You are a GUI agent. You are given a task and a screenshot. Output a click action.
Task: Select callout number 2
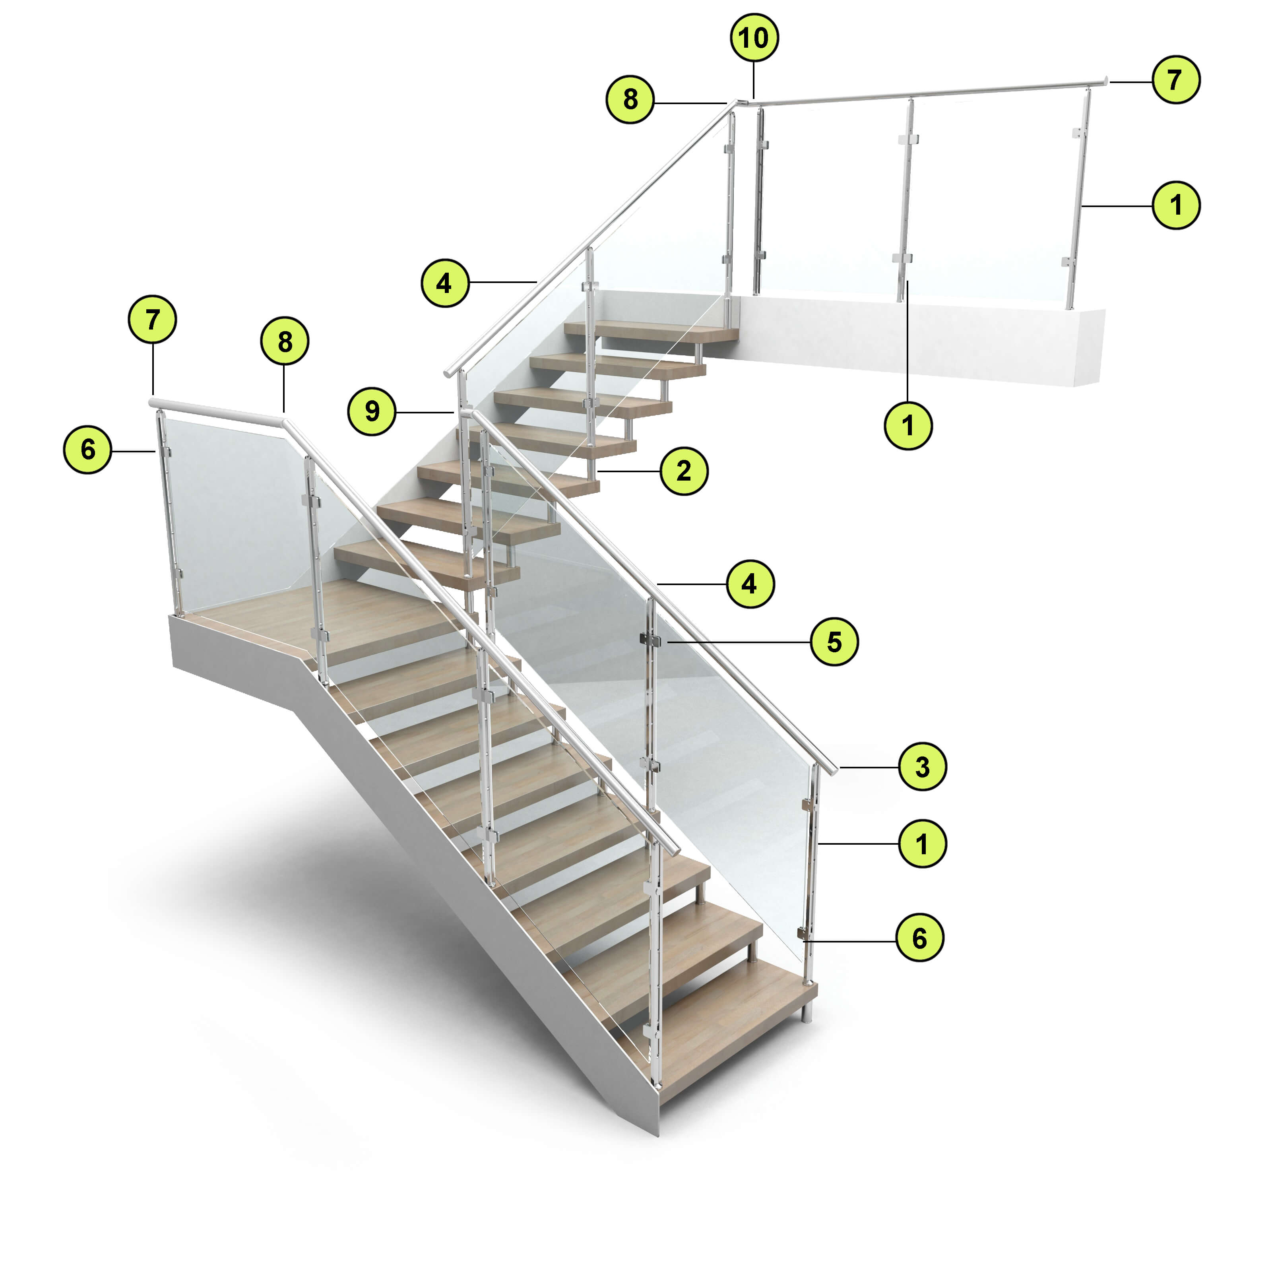point(684,471)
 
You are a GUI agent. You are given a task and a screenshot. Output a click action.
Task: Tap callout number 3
point(922,766)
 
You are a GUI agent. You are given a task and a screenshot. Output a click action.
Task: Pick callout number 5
point(834,641)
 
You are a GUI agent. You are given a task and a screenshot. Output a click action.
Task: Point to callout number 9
point(372,411)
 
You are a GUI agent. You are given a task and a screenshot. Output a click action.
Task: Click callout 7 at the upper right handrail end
point(1176,79)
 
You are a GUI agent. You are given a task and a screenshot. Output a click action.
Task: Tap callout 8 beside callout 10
point(630,99)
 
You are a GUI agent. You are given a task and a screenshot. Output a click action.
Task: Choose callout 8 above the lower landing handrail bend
point(285,342)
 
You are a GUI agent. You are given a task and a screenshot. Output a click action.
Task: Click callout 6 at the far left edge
point(87,450)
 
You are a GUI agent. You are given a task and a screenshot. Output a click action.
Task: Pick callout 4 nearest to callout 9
point(445,283)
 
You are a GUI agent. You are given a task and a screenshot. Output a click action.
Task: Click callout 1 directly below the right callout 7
point(1176,206)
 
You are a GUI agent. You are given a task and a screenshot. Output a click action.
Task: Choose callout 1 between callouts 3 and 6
point(922,843)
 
